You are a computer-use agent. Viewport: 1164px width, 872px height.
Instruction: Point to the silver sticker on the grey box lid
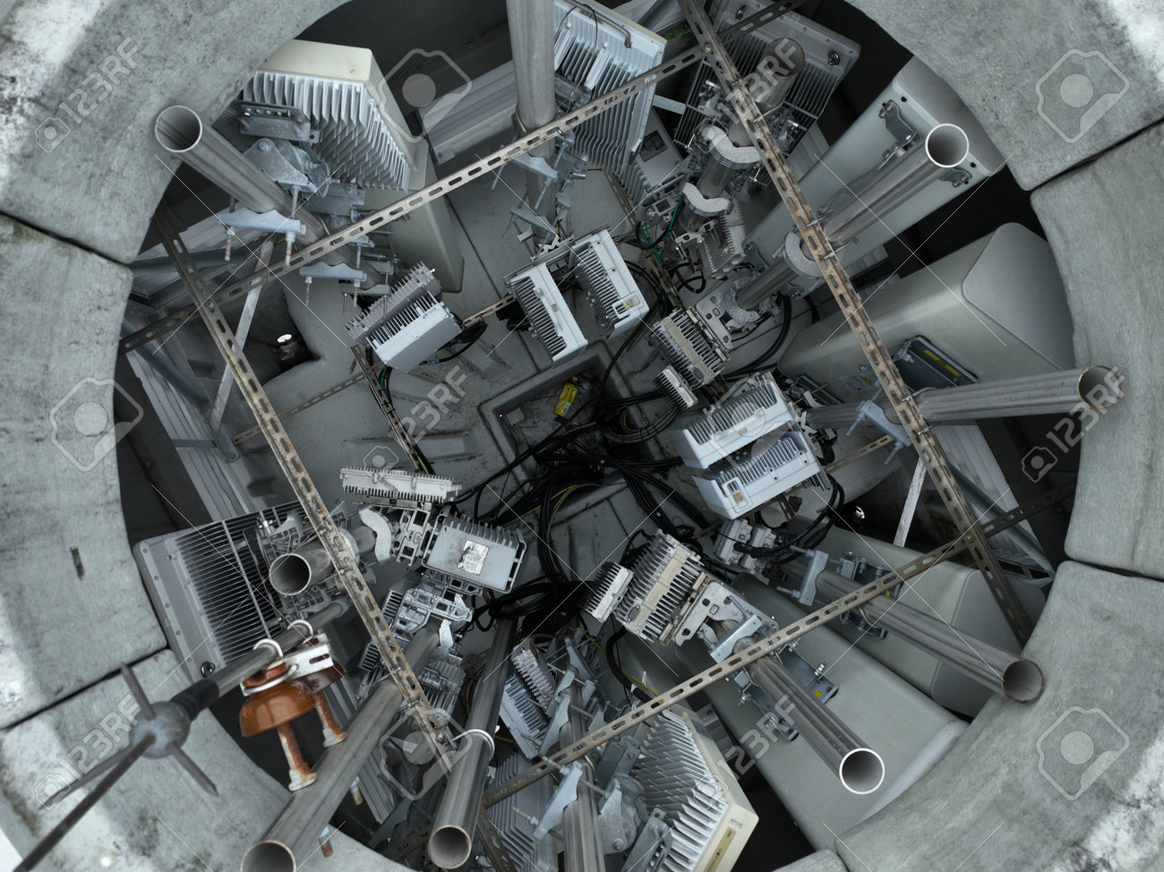coord(472,557)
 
